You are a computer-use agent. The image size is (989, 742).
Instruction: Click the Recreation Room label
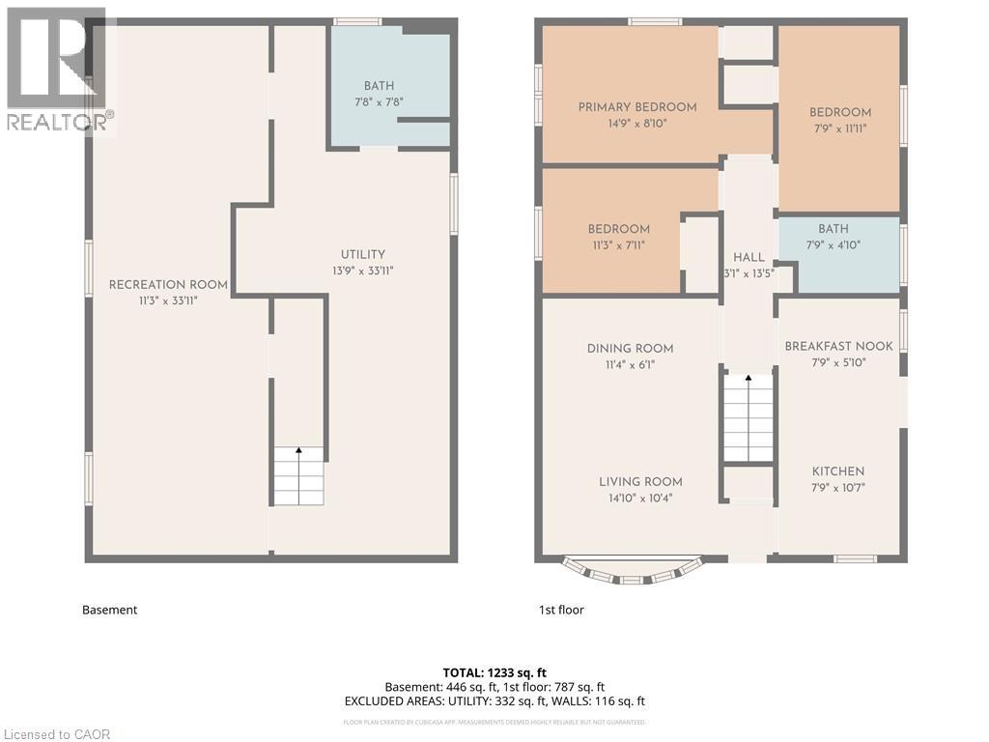click(x=168, y=284)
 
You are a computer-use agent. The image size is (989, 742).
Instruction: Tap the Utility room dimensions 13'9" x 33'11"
click(x=362, y=271)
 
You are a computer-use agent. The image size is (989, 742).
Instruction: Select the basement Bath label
click(x=379, y=86)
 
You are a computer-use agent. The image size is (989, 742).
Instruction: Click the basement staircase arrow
click(x=297, y=452)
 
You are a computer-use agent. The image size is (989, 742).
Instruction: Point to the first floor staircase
click(x=749, y=418)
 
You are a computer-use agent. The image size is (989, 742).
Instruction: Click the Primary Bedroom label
click(x=636, y=107)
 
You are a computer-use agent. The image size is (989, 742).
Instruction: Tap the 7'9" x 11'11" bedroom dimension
click(x=840, y=128)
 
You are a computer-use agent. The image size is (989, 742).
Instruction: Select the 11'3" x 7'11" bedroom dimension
click(x=618, y=245)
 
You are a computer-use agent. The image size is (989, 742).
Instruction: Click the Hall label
click(x=749, y=257)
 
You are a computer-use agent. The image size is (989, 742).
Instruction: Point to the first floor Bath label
click(x=833, y=229)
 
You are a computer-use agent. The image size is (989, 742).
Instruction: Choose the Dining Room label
click(x=630, y=349)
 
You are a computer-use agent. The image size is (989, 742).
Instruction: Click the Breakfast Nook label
click(x=838, y=346)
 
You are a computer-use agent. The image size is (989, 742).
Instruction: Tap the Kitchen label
click(x=837, y=471)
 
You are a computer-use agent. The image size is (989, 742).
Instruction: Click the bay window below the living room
click(x=632, y=572)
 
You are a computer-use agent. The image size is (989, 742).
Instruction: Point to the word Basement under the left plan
click(x=109, y=610)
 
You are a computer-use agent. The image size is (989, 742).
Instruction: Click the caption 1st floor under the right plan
click(x=561, y=610)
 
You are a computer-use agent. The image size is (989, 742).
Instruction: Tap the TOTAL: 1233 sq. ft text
click(x=494, y=671)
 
